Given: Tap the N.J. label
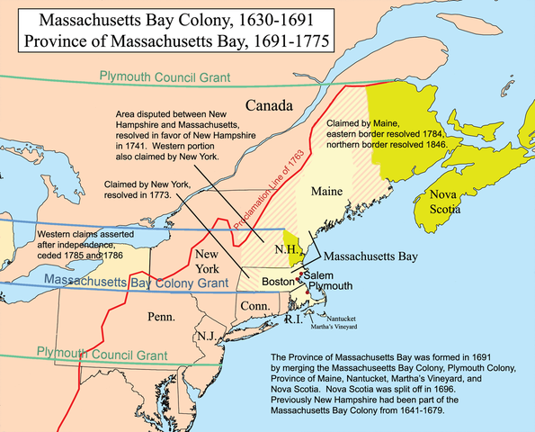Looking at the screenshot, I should [206, 336].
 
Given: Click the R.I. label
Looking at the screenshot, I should [290, 319].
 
